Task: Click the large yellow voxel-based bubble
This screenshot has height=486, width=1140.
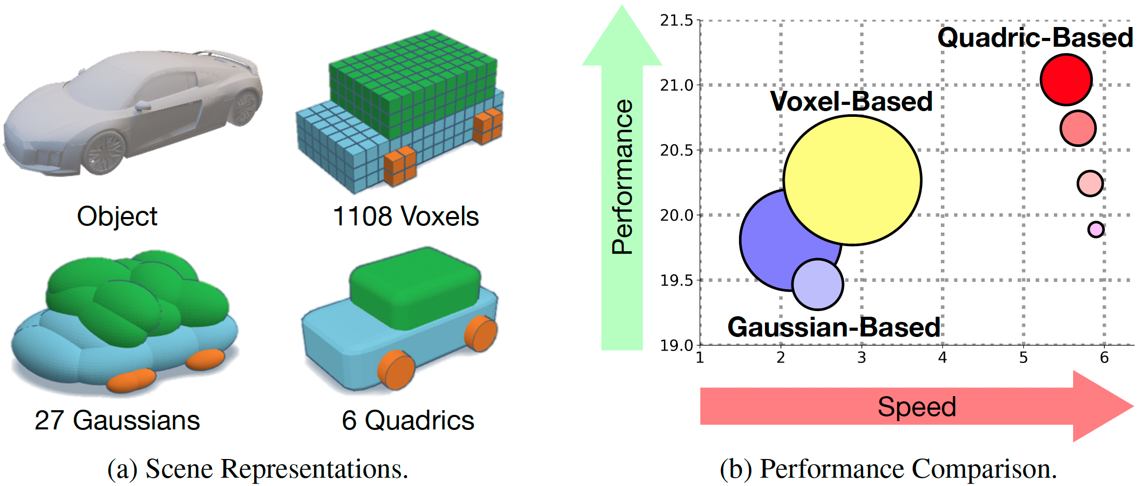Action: (x=852, y=180)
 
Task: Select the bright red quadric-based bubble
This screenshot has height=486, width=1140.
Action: (x=1066, y=79)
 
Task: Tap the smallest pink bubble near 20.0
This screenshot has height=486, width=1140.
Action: (x=1095, y=229)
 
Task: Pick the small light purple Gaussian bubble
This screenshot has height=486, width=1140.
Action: (x=817, y=285)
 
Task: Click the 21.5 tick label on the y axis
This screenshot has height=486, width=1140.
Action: (x=676, y=21)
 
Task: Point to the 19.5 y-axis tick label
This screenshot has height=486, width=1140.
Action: (x=676, y=280)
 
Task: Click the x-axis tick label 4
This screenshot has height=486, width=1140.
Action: (x=942, y=358)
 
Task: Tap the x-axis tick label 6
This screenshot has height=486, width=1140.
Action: (x=1104, y=358)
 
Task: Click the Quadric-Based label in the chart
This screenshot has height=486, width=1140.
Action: (x=1035, y=38)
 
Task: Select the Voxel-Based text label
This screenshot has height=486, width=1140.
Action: (x=851, y=101)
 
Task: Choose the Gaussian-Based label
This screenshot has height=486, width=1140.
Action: (x=834, y=327)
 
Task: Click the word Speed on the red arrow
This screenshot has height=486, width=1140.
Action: (x=916, y=407)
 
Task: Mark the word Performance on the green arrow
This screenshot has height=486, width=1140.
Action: (x=622, y=177)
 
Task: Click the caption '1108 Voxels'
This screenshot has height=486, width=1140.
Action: (x=406, y=216)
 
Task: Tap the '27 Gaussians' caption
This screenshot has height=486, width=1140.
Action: (x=117, y=420)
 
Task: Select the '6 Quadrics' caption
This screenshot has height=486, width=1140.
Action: (x=408, y=420)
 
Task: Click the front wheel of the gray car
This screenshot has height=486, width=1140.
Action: (x=105, y=152)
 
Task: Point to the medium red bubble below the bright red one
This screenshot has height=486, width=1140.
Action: (x=1078, y=128)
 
